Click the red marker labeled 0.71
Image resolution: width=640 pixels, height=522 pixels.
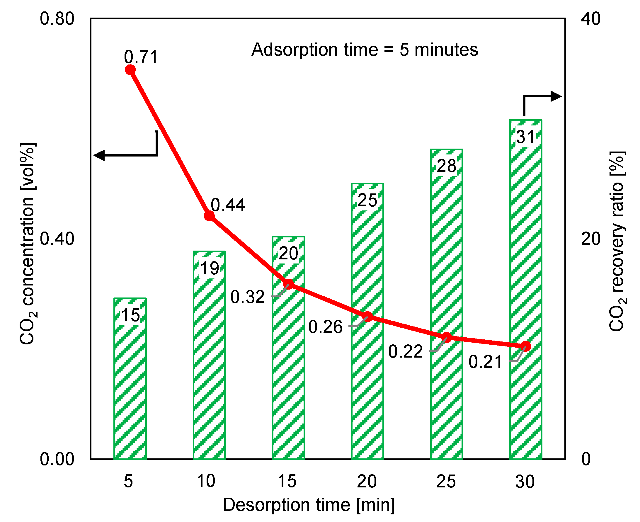130,70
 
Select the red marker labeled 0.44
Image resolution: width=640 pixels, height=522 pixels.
209,216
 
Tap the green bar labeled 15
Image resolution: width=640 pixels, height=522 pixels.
130,379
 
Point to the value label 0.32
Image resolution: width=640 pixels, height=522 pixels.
247,297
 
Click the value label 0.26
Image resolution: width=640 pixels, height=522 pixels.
325,327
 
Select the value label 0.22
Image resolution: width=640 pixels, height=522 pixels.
405,351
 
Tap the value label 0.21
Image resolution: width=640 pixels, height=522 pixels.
485,361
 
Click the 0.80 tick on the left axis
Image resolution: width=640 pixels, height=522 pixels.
57,19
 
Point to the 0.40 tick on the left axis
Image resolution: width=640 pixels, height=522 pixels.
57,239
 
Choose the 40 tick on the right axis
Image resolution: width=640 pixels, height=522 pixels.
591,19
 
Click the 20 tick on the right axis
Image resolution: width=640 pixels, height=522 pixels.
591,239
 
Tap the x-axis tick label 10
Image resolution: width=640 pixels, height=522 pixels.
206,481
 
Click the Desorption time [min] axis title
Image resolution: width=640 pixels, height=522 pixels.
309,504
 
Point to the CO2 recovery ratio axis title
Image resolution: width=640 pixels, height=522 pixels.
617,241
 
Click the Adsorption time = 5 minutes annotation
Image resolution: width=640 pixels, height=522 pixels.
365,50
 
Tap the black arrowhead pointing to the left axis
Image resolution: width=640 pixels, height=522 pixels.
100,155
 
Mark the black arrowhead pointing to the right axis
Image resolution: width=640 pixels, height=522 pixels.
556,96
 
